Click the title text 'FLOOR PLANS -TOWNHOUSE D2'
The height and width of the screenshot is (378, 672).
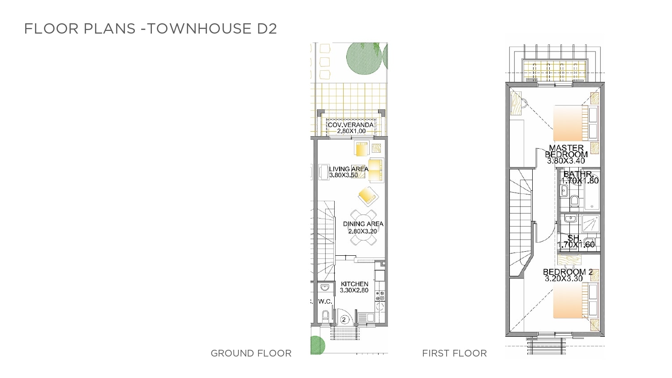[150, 29]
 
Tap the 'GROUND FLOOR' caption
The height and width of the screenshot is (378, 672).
[251, 353]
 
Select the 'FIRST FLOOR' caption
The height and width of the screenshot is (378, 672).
[455, 353]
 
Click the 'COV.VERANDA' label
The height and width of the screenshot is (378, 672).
[351, 125]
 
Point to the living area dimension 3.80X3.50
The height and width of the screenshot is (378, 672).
[344, 175]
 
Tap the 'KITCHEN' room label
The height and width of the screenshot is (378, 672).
[354, 284]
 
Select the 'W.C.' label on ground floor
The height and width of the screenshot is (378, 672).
[325, 301]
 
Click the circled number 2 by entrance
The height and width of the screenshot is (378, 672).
[344, 320]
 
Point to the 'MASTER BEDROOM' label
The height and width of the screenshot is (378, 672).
[566, 151]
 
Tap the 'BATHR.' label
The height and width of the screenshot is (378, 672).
[578, 174]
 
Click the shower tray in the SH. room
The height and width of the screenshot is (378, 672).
[591, 224]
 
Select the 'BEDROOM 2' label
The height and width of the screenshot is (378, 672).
[568, 272]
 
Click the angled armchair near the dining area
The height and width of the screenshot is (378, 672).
[368, 196]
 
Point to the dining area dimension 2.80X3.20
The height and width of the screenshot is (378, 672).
[362, 231]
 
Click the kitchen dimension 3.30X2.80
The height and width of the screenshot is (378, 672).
[354, 290]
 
